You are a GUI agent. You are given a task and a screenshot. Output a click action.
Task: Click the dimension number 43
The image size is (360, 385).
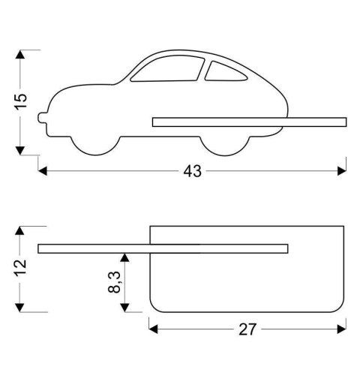click(193, 171)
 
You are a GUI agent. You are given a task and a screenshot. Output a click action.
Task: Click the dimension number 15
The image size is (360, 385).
click(22, 101)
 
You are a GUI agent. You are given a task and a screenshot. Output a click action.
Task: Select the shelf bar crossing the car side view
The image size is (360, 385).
click(247, 122)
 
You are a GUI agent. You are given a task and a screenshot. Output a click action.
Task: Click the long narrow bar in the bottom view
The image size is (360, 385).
click(162, 248)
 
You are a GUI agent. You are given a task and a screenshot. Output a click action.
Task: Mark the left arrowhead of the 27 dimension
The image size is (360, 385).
click(153, 328)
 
